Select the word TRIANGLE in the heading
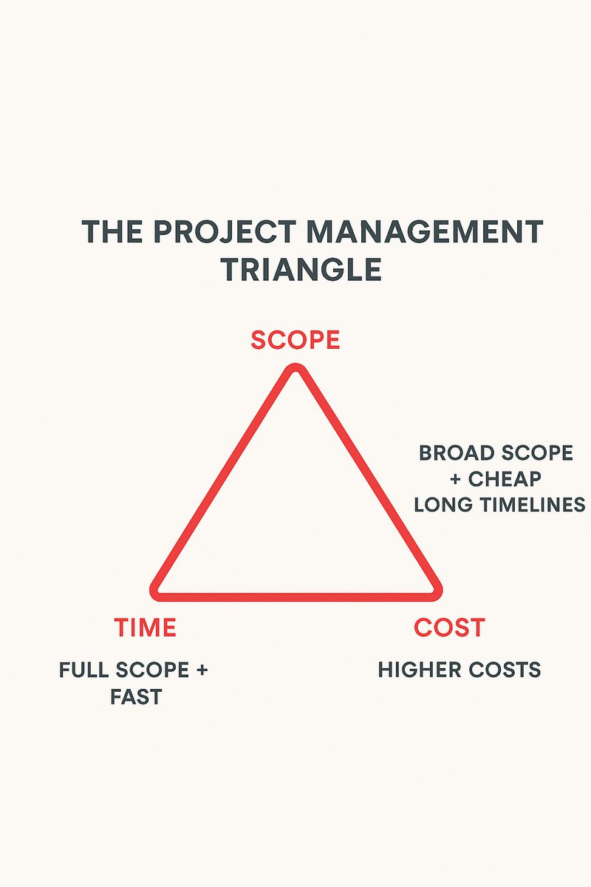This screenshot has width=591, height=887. click(x=301, y=271)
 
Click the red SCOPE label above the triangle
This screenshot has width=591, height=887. click(x=295, y=340)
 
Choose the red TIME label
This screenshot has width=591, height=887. click(x=145, y=628)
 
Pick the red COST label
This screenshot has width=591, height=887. click(x=449, y=628)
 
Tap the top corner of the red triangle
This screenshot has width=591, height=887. click(x=295, y=370)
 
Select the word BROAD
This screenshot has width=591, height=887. click(x=452, y=453)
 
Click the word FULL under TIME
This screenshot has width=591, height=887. click(x=83, y=670)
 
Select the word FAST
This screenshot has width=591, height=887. click(x=136, y=696)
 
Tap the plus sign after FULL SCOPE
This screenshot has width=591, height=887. click(x=202, y=670)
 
